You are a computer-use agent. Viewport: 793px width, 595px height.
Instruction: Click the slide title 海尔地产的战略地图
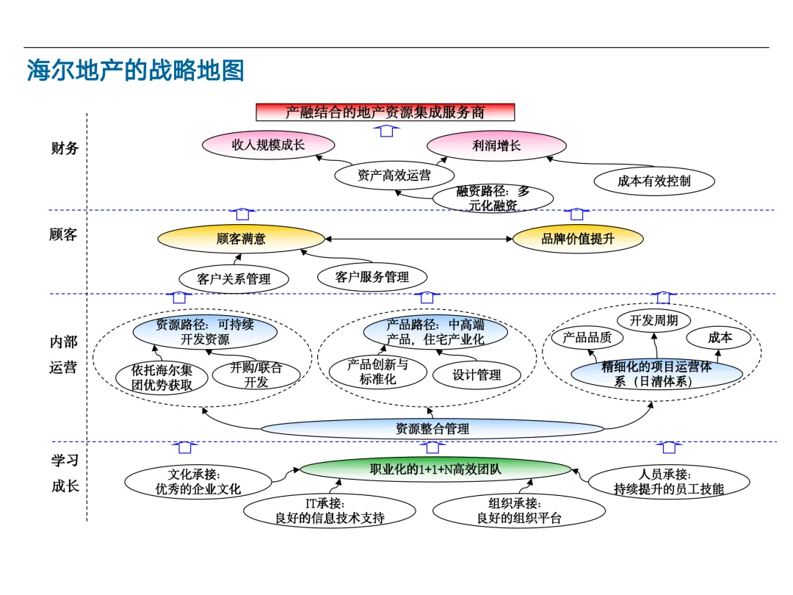(135, 71)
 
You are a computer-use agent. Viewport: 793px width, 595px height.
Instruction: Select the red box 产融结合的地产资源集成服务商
(385, 112)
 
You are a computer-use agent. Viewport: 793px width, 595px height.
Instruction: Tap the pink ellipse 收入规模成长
(268, 145)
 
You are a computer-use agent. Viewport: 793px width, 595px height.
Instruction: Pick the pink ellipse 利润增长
(496, 145)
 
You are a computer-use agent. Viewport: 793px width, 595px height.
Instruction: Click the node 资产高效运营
(394, 176)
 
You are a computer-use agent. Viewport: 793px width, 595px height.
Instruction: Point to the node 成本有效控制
(653, 181)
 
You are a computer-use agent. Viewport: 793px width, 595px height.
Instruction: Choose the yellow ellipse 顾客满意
(241, 239)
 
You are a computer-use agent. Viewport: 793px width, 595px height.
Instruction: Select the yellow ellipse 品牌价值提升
(577, 239)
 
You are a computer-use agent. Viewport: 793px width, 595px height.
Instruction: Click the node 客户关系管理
(233, 279)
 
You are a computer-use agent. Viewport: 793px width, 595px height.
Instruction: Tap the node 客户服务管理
(372, 277)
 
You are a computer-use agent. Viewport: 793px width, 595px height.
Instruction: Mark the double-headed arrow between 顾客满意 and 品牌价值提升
(419, 239)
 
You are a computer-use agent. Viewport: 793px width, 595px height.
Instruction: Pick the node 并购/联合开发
(256, 375)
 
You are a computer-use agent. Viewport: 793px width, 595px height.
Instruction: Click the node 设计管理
(477, 375)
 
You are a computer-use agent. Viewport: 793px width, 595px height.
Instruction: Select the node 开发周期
(653, 320)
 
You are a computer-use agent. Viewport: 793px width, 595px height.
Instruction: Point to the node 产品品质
(587, 338)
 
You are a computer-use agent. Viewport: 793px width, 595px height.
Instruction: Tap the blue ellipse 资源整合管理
(432, 428)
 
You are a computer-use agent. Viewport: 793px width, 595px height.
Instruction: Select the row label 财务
(65, 148)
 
